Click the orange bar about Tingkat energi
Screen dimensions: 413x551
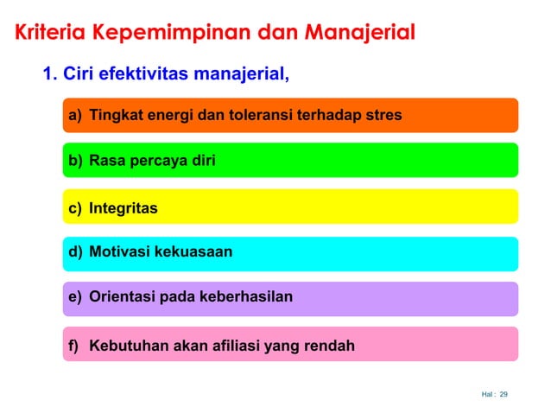pos(289,115)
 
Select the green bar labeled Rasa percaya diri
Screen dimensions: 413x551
pos(289,160)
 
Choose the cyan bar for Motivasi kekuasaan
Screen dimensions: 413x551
pos(289,253)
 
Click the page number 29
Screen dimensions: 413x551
pos(504,395)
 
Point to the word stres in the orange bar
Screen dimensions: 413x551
pos(384,115)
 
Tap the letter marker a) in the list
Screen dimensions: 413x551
pos(76,115)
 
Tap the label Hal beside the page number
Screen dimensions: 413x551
pos(487,395)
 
